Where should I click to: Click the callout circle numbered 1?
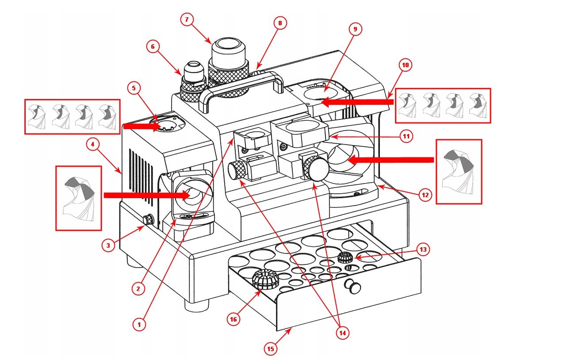coord(139,325)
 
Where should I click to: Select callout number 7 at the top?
coord(187,19)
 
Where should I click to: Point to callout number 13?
coord(423,250)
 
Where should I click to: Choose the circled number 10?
coord(406,65)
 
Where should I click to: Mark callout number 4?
coord(92,145)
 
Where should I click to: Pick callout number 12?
coord(425,195)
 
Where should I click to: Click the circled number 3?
coord(108,245)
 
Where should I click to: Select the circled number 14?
coord(341,333)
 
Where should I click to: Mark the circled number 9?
coord(355,29)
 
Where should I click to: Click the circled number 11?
coord(406,136)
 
